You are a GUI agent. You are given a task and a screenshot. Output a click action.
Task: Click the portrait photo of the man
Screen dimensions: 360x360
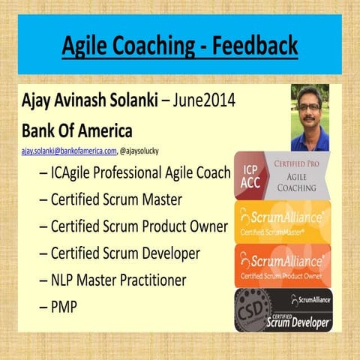tap(310, 117)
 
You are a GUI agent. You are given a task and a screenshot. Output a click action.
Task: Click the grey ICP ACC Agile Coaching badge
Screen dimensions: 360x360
tap(283, 175)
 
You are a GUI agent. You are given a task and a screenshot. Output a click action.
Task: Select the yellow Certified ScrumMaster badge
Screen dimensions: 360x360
tap(283, 220)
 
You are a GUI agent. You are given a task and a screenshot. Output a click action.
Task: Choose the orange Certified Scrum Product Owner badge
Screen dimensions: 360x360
tap(283, 265)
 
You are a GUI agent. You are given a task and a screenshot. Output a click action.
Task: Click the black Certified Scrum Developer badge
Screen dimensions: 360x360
tap(283, 310)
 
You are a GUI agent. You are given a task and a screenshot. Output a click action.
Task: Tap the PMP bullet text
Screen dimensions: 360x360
tap(66, 307)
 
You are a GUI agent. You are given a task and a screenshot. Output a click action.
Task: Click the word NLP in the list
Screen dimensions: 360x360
tap(65, 280)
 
